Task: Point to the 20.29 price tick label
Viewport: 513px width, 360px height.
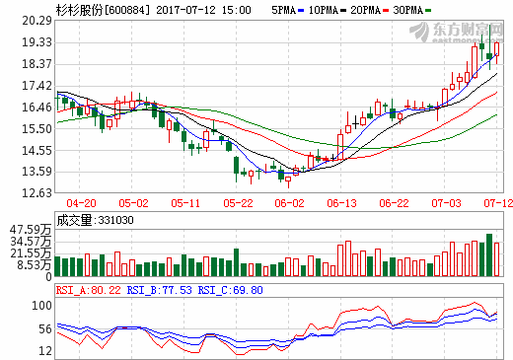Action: point(37,21)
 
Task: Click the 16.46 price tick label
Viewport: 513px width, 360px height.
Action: point(37,108)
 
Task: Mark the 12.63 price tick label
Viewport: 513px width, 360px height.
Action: point(37,193)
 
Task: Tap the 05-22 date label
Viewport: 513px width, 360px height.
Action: point(238,203)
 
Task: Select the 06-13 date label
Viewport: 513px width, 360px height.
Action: point(341,203)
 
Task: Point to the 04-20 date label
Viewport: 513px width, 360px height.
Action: point(82,203)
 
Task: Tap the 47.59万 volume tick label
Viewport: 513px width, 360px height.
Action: point(32,229)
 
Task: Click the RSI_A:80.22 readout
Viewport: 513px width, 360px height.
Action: point(97,291)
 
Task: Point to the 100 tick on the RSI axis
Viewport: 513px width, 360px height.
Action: point(42,307)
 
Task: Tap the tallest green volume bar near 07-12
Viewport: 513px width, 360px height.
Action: point(488,256)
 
